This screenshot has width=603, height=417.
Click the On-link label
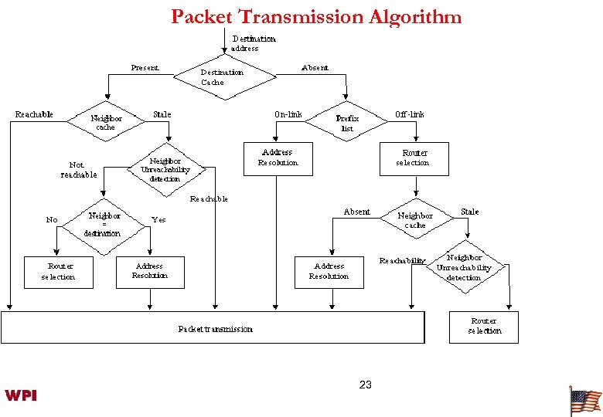[288, 114]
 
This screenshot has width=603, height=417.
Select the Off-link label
[409, 114]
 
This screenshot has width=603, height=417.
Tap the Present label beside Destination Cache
[145, 68]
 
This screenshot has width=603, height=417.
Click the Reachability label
[402, 261]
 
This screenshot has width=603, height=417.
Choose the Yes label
[158, 220]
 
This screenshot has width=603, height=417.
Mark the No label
[52, 220]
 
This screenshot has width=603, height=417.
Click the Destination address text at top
[254, 43]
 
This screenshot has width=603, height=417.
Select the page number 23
[366, 385]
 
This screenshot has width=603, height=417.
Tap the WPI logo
[21, 395]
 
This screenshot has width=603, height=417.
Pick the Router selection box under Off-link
[414, 158]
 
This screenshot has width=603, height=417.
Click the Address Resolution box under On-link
[278, 158]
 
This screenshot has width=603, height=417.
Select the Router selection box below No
[59, 272]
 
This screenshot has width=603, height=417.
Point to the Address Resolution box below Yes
[150, 271]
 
